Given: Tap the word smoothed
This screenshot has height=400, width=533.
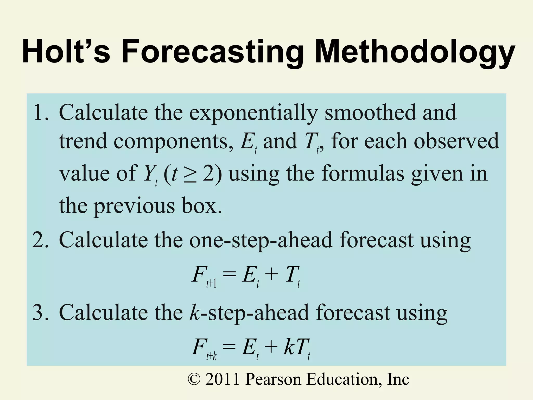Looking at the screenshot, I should coord(370,112).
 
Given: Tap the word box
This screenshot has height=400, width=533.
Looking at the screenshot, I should coord(202,206).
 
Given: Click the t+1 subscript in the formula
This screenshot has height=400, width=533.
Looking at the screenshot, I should coord(211,284).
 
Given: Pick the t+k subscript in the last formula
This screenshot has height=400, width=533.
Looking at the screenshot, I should coord(211,356).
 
